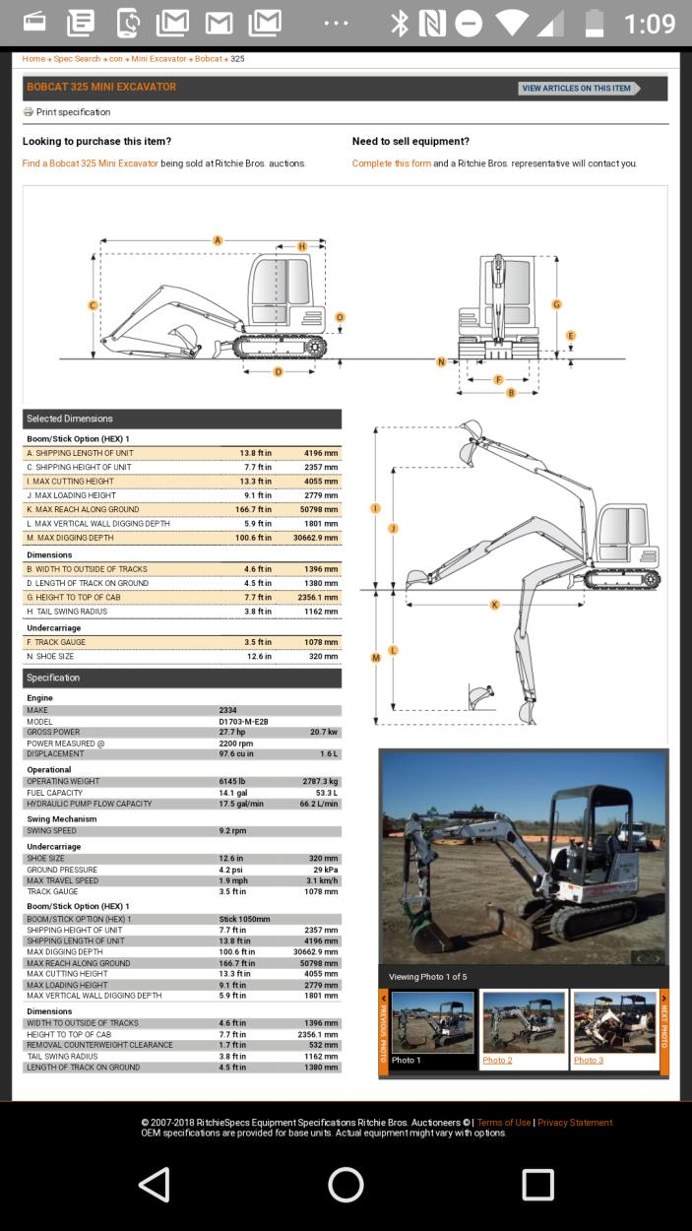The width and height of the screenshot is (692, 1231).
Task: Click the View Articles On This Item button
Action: (x=578, y=89)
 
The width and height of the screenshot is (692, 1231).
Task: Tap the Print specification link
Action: (x=72, y=112)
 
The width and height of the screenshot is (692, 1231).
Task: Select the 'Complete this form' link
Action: (x=392, y=163)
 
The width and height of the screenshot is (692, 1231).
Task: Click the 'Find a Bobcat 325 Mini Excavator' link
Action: (x=91, y=163)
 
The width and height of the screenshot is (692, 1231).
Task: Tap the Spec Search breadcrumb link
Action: (x=77, y=59)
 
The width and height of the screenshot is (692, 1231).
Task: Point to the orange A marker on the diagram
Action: (x=218, y=240)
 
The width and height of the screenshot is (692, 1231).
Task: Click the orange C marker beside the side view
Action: (x=94, y=305)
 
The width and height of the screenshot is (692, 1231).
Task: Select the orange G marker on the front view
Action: (x=556, y=304)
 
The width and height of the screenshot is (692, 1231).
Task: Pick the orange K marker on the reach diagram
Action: (x=494, y=604)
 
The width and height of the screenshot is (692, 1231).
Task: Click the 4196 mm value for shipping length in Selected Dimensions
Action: (x=321, y=453)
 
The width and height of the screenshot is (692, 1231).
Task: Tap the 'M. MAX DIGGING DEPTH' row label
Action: (x=70, y=538)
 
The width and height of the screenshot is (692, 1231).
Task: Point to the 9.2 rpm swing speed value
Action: (x=232, y=831)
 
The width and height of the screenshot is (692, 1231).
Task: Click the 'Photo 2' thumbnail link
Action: (x=497, y=1061)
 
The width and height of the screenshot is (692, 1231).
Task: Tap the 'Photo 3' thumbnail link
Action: (x=589, y=1061)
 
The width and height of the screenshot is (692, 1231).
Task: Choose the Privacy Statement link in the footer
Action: (x=575, y=1123)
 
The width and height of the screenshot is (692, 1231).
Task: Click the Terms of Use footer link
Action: (x=504, y=1123)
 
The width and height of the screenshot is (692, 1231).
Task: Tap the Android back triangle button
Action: (x=155, y=1185)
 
